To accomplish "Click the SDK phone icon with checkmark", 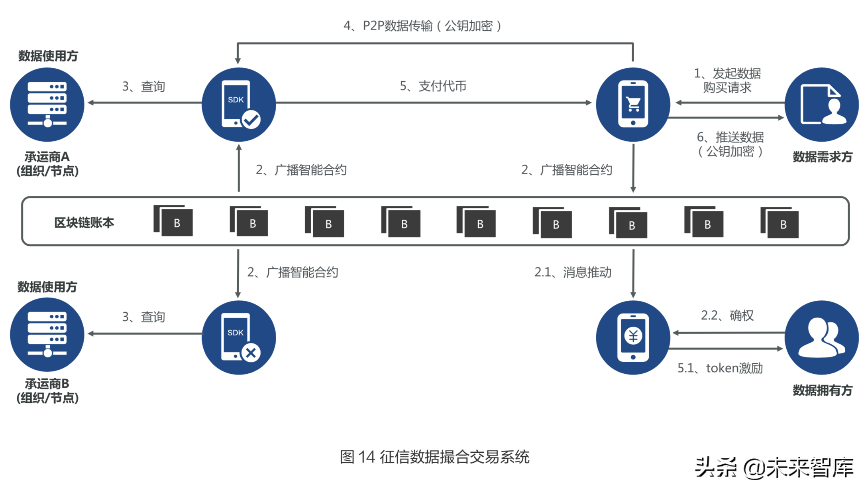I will pyautogui.click(x=239, y=104).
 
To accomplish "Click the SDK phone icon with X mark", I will pyautogui.click(x=239, y=337).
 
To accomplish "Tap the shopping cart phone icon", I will pyautogui.click(x=633, y=104).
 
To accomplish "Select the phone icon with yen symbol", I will pyautogui.click(x=633, y=337).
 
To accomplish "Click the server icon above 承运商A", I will pyautogui.click(x=47, y=104).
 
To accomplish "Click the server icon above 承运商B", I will pyautogui.click(x=47, y=334).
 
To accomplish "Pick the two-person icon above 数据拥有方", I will pyautogui.click(x=821, y=337).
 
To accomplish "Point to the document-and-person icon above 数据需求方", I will pyautogui.click(x=821, y=104).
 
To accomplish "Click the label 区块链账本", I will pyautogui.click(x=84, y=222).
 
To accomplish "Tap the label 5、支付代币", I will pyautogui.click(x=433, y=86).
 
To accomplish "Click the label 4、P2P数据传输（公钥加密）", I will pyautogui.click(x=422, y=26).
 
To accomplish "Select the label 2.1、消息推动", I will pyautogui.click(x=573, y=272).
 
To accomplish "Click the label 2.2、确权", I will pyautogui.click(x=727, y=316).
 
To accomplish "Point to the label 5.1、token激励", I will pyautogui.click(x=720, y=368).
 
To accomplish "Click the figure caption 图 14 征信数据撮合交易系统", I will pyautogui.click(x=434, y=457).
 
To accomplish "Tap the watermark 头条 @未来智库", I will pyautogui.click(x=774, y=467).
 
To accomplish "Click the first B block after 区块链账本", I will pyautogui.click(x=174, y=221).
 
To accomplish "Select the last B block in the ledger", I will pyautogui.click(x=780, y=223).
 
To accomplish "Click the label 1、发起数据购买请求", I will pyautogui.click(x=727, y=80).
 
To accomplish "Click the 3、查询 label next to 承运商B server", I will pyautogui.click(x=143, y=317).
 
